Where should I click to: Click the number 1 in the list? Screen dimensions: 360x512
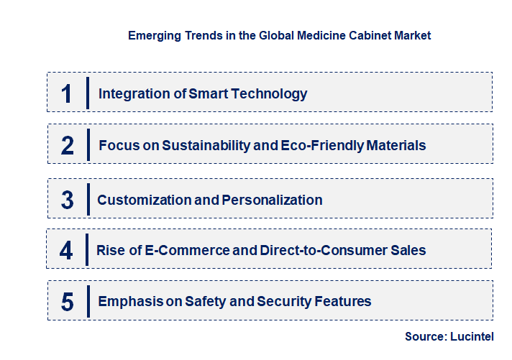67,93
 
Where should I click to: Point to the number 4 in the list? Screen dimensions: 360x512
67,251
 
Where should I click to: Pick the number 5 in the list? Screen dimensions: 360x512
68,302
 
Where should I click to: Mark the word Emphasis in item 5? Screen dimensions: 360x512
129,301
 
